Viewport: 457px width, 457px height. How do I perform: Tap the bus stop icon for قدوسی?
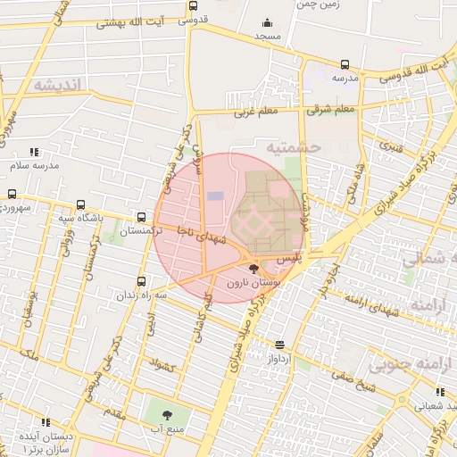click(x=194, y=4)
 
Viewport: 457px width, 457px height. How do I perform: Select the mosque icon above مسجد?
click(x=266, y=23)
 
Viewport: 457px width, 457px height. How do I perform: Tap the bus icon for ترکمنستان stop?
click(x=142, y=217)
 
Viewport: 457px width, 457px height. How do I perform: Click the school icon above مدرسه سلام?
click(x=34, y=153)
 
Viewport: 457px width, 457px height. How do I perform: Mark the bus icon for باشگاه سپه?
click(x=82, y=204)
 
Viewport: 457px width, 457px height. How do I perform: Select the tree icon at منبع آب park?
click(x=166, y=415)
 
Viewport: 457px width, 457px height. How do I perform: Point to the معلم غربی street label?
click(x=257, y=112)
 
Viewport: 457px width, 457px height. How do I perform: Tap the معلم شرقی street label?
click(x=331, y=110)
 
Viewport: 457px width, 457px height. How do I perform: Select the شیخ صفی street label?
click(x=350, y=376)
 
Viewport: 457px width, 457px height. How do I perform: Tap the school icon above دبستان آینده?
click(x=45, y=422)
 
